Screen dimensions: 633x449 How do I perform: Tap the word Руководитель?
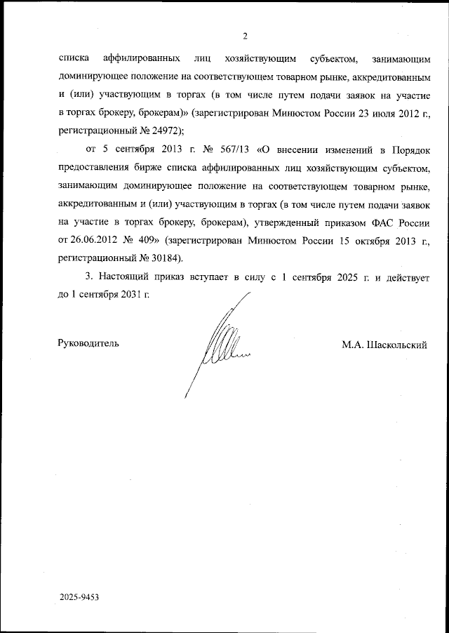(x=88, y=344)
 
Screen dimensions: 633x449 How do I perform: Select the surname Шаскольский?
(x=395, y=344)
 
